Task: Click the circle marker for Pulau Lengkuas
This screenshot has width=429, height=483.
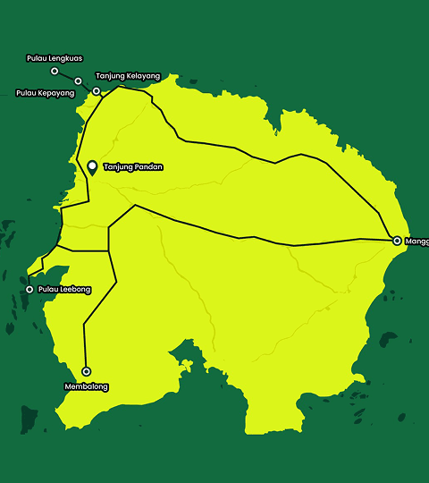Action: tap(55, 71)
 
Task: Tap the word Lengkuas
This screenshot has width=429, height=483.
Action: tap(68, 58)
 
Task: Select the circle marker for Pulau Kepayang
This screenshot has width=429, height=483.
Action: tap(79, 81)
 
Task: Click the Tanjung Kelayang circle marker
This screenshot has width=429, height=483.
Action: tap(97, 91)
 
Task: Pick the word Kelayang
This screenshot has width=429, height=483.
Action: tap(143, 76)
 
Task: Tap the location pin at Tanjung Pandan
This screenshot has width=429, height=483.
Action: tap(92, 167)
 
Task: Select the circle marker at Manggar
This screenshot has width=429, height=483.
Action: tap(397, 241)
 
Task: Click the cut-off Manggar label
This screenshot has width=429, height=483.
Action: tap(416, 241)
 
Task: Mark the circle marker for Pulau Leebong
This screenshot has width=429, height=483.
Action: tap(29, 289)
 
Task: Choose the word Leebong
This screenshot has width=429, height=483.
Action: tap(75, 290)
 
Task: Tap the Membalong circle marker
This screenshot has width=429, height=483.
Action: tap(87, 371)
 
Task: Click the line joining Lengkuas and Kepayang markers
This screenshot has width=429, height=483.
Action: tap(67, 76)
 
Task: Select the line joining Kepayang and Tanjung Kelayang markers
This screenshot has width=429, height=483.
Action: tap(88, 87)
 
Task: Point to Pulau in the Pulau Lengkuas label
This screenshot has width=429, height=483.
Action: tap(38, 58)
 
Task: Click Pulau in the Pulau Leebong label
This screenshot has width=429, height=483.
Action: tap(46, 290)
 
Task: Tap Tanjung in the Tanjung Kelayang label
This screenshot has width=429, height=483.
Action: tap(111, 76)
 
